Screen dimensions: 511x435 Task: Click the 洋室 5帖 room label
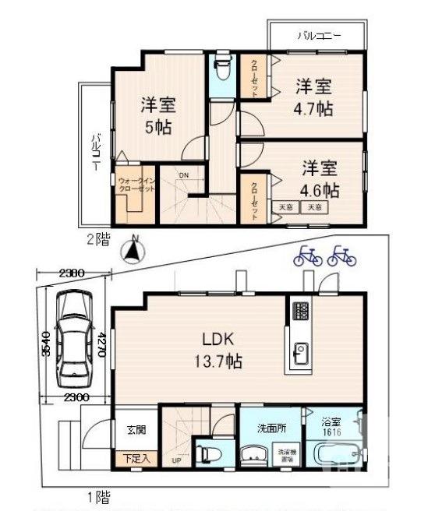point(157,115)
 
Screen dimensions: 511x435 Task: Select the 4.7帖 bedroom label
point(314,98)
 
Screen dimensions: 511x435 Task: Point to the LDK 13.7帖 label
point(222,351)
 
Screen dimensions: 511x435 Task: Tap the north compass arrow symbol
point(134,250)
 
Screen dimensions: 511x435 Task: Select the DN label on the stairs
point(183,175)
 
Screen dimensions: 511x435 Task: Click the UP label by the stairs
point(177,460)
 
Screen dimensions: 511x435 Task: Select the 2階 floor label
point(99,240)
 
